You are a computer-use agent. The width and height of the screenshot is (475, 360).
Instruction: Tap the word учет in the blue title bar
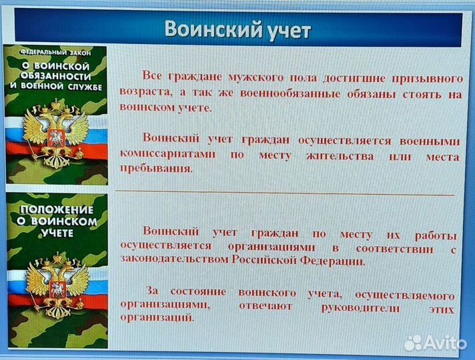point(286,30)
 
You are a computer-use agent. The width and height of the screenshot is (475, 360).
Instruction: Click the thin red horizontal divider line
point(287,194)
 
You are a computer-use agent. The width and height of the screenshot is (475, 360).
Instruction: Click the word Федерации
point(332,261)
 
